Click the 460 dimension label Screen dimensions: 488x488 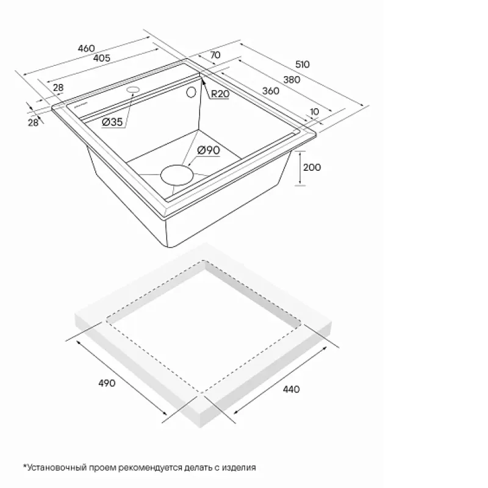click(86, 48)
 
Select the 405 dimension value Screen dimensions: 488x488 click(102, 58)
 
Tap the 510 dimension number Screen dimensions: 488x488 click(302, 65)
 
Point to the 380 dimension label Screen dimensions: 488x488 click(292, 80)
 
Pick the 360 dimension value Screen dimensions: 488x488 click(271, 91)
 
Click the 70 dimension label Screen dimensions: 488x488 click(215, 55)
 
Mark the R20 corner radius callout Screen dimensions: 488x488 click(220, 94)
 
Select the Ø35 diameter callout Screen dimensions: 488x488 click(112, 121)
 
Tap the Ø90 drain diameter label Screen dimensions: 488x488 click(209, 150)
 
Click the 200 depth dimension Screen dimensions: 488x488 click(312, 167)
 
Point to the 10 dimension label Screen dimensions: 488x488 click(314, 112)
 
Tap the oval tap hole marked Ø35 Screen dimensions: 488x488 click(133, 90)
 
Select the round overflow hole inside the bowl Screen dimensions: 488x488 click(191, 92)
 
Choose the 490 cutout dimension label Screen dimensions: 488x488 click(107, 383)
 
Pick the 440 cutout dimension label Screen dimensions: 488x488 click(292, 389)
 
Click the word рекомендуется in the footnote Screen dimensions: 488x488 click(151, 468)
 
